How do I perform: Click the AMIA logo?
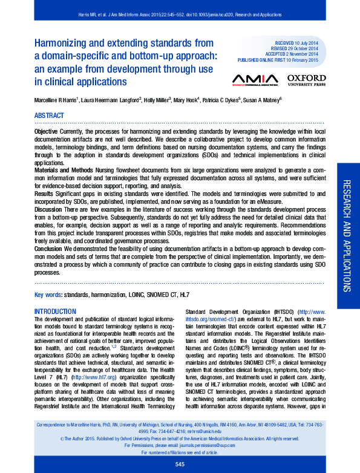[x=255, y=80]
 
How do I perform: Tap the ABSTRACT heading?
[x=49, y=115]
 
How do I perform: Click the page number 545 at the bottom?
[x=179, y=464]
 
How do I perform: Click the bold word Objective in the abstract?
[x=47, y=131]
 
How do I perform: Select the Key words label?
[x=48, y=295]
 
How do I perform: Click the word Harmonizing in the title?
[x=60, y=43]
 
